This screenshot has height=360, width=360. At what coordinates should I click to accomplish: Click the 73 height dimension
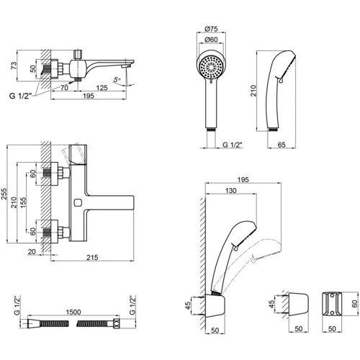pos(14,66)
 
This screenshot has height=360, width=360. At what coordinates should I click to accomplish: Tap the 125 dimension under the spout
pos(102,88)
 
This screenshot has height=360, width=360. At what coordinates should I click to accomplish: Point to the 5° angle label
pos(117,79)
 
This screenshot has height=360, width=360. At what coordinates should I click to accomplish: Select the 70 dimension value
pos(64,88)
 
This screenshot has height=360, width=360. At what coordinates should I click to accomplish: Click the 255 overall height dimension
pos(4,194)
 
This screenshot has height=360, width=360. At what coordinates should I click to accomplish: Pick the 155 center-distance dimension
pos(23,202)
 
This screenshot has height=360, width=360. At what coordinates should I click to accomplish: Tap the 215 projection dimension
pos(92,257)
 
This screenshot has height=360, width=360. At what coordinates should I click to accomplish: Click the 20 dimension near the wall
pos(32,252)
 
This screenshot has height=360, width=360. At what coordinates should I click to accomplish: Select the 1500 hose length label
pos(73,312)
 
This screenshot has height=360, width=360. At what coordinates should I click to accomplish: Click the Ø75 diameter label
pos(211,29)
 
